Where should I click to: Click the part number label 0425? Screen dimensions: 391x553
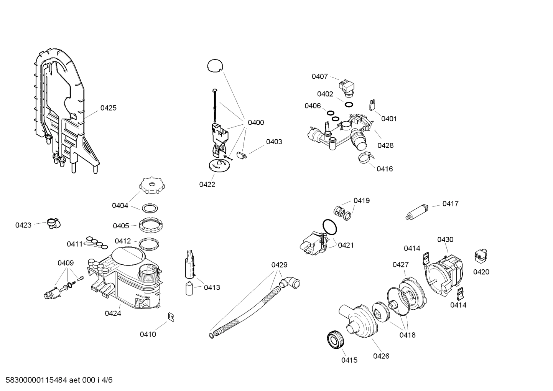click(x=108, y=108)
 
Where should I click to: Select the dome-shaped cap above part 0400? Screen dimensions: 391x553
click(x=215, y=65)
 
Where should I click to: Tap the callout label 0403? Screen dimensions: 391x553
click(x=274, y=142)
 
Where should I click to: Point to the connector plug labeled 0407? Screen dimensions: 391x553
click(x=347, y=86)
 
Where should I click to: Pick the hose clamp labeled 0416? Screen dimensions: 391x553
click(x=365, y=157)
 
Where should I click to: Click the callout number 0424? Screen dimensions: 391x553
click(x=113, y=313)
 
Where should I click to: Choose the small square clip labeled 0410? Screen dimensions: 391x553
click(x=171, y=316)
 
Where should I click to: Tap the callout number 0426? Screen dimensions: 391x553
click(x=381, y=356)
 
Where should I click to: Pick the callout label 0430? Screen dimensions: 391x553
click(x=445, y=240)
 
